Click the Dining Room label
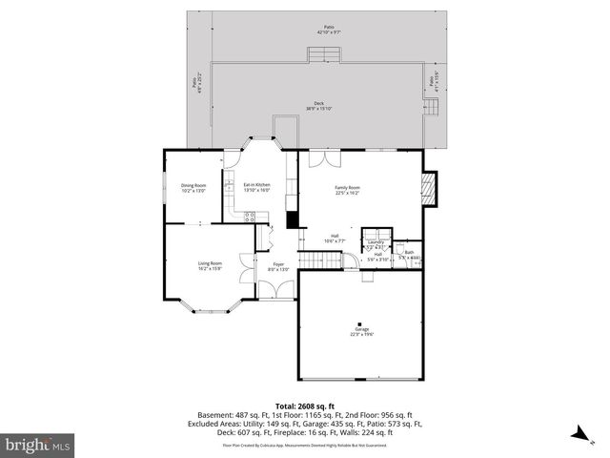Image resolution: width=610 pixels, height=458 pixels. click(193, 189)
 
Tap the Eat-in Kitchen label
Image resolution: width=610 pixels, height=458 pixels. click(256, 187)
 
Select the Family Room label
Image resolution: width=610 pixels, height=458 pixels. click(347, 191)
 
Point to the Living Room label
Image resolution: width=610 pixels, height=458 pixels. click(210, 265)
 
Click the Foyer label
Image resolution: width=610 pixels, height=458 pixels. click(278, 266)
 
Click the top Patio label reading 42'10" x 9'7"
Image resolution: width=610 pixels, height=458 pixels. click(329, 31)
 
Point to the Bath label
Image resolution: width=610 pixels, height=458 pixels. click(408, 255)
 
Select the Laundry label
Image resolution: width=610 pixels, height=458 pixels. click(377, 244)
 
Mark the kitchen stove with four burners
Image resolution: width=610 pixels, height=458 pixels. click(250, 217)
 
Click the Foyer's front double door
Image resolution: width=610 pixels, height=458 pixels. click(276, 297)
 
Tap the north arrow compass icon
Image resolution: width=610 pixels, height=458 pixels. click(577, 434)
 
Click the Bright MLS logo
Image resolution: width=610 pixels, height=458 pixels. click(38, 445)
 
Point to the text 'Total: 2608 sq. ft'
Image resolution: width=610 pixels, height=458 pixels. click(304, 406)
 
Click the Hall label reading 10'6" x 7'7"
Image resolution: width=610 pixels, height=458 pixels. click(335, 239)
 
